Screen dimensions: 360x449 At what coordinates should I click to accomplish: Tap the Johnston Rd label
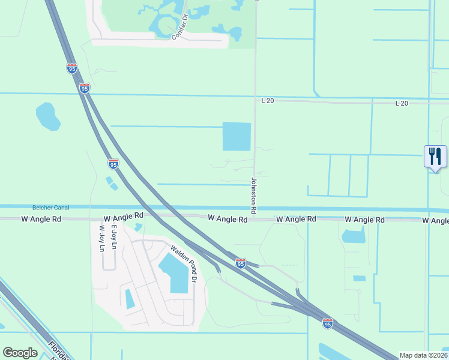pos(254,196)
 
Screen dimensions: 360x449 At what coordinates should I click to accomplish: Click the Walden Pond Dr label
pos(184,263)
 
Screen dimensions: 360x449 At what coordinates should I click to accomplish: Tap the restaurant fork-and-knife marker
pos(435,157)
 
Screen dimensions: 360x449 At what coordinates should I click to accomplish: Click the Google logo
pos(20,353)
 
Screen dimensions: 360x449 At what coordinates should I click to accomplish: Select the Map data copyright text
pos(423,355)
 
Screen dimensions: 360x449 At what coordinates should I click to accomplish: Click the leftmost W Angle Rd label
pos(41,220)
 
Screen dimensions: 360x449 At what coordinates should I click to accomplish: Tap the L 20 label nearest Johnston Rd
pos(268,101)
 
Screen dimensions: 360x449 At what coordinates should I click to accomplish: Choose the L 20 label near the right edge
pos(402,104)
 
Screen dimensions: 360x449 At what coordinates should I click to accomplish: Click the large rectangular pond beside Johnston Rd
pos(237,136)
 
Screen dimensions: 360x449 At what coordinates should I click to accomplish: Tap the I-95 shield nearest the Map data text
pos(327,323)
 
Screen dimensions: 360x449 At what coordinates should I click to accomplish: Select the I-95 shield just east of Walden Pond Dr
pos(240,263)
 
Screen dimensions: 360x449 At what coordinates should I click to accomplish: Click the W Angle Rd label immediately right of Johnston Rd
pos(296,220)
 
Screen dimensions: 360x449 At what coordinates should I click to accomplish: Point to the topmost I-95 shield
pos(72,68)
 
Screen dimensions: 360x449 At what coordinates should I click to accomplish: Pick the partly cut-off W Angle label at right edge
pos(435,221)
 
